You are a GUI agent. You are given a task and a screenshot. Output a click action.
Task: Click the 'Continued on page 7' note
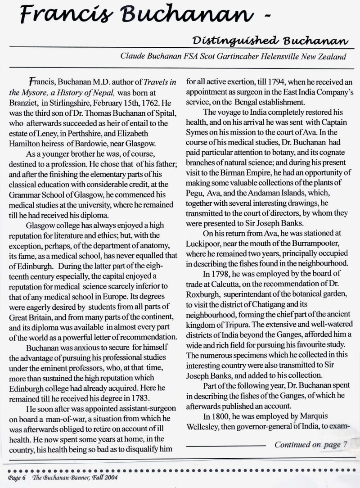pyautogui.click(x=311, y=444)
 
